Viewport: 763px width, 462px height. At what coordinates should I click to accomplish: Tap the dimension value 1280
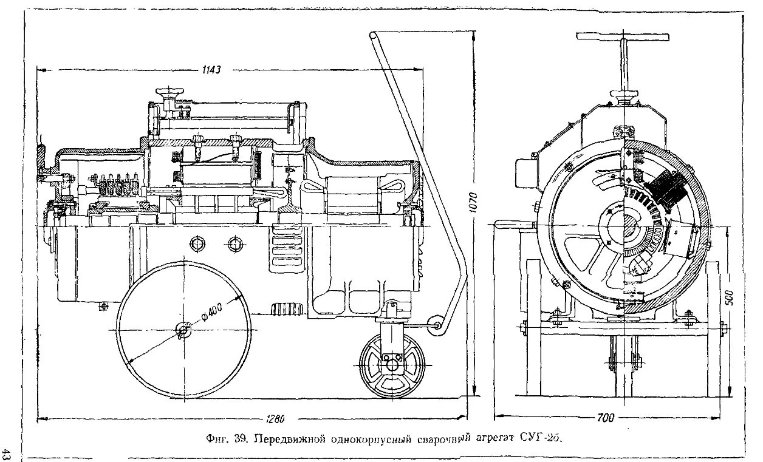(x=275, y=419)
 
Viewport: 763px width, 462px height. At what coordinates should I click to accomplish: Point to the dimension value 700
(x=605, y=418)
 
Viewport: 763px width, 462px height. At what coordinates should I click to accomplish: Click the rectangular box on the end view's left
(x=526, y=174)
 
